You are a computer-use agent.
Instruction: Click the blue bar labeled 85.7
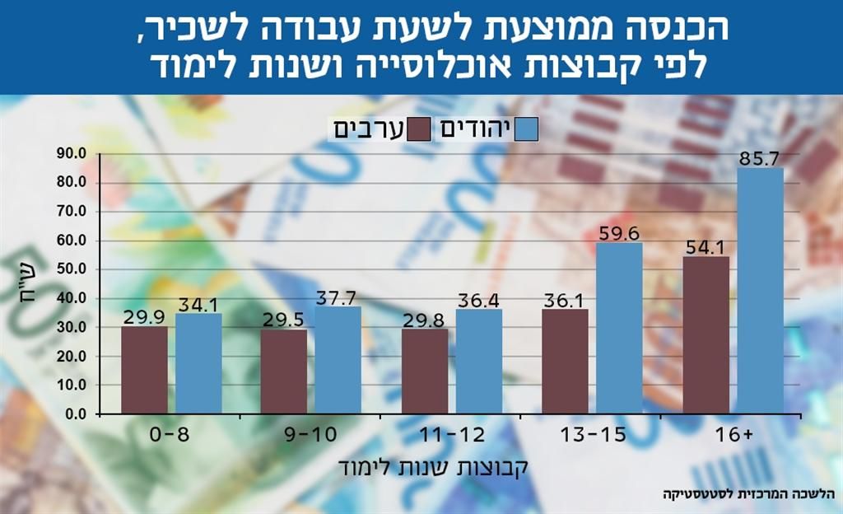pyautogui.click(x=760, y=290)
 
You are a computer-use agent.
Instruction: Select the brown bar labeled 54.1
pyautogui.click(x=706, y=334)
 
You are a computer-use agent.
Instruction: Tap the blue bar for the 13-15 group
pyautogui.click(x=619, y=328)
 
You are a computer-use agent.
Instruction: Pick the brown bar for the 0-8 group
pyautogui.click(x=144, y=370)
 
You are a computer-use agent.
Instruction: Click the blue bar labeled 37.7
pyautogui.click(x=338, y=360)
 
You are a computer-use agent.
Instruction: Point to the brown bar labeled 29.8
pyautogui.click(x=425, y=371)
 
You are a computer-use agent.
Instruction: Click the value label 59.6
pyautogui.click(x=619, y=233)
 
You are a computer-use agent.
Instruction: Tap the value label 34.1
pyautogui.click(x=198, y=304)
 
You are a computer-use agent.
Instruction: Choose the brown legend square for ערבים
pyautogui.click(x=419, y=129)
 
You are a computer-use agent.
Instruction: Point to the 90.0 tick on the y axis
pyautogui.click(x=72, y=154)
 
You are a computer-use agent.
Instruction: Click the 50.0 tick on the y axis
pyautogui.click(x=72, y=269)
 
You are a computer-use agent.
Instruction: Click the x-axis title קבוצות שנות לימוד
pyautogui.click(x=431, y=466)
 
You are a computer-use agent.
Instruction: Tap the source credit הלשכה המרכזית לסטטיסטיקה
pyautogui.click(x=748, y=495)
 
